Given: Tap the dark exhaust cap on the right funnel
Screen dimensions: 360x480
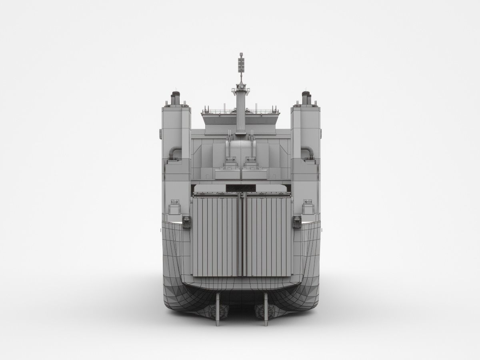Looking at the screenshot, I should [306, 97].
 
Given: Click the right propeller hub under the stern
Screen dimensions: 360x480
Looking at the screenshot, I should [262, 310].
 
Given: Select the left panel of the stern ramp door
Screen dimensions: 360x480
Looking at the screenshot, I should [216, 236].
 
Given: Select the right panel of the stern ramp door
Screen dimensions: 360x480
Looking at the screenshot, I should [267, 236].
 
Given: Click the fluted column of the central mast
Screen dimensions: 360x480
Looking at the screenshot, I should [240, 112].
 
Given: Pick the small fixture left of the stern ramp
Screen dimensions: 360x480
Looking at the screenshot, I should [186, 221].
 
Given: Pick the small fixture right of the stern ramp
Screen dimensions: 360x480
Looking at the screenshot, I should [296, 221].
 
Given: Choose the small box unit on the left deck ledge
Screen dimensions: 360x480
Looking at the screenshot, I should [174, 208].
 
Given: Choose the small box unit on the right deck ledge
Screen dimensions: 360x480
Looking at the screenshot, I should [308, 208].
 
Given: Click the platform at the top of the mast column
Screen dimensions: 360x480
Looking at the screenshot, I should [241, 86].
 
